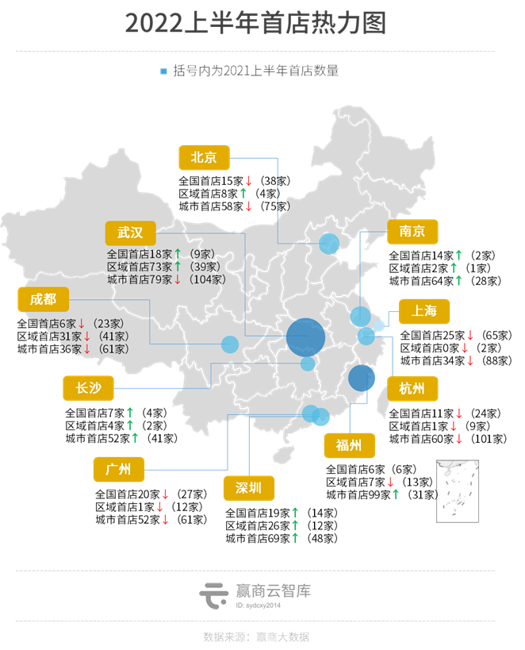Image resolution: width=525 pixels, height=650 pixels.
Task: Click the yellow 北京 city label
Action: [x=204, y=157]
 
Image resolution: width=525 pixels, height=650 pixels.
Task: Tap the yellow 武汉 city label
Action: [x=131, y=233]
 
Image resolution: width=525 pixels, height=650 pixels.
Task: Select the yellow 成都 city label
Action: [x=44, y=299]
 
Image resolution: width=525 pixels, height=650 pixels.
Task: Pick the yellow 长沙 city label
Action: [x=88, y=388]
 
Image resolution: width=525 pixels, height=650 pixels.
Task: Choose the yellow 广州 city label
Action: [x=118, y=469]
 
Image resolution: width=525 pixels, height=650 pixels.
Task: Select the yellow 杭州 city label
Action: [x=412, y=389]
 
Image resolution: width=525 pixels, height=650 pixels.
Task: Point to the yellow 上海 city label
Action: [x=423, y=310]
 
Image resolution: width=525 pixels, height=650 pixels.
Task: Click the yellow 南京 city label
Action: [x=412, y=231]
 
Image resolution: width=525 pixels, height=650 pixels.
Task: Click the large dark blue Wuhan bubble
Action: [x=305, y=337]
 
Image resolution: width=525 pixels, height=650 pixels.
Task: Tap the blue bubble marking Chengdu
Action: [x=230, y=344]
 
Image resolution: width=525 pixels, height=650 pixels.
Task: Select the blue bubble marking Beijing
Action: [x=329, y=244]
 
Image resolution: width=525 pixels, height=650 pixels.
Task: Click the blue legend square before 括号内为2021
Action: [x=163, y=71]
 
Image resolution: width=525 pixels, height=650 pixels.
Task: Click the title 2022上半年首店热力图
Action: [x=255, y=23]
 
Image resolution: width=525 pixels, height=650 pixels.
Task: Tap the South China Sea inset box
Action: [x=458, y=495]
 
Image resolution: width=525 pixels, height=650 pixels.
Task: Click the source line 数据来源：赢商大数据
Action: [x=255, y=636]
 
